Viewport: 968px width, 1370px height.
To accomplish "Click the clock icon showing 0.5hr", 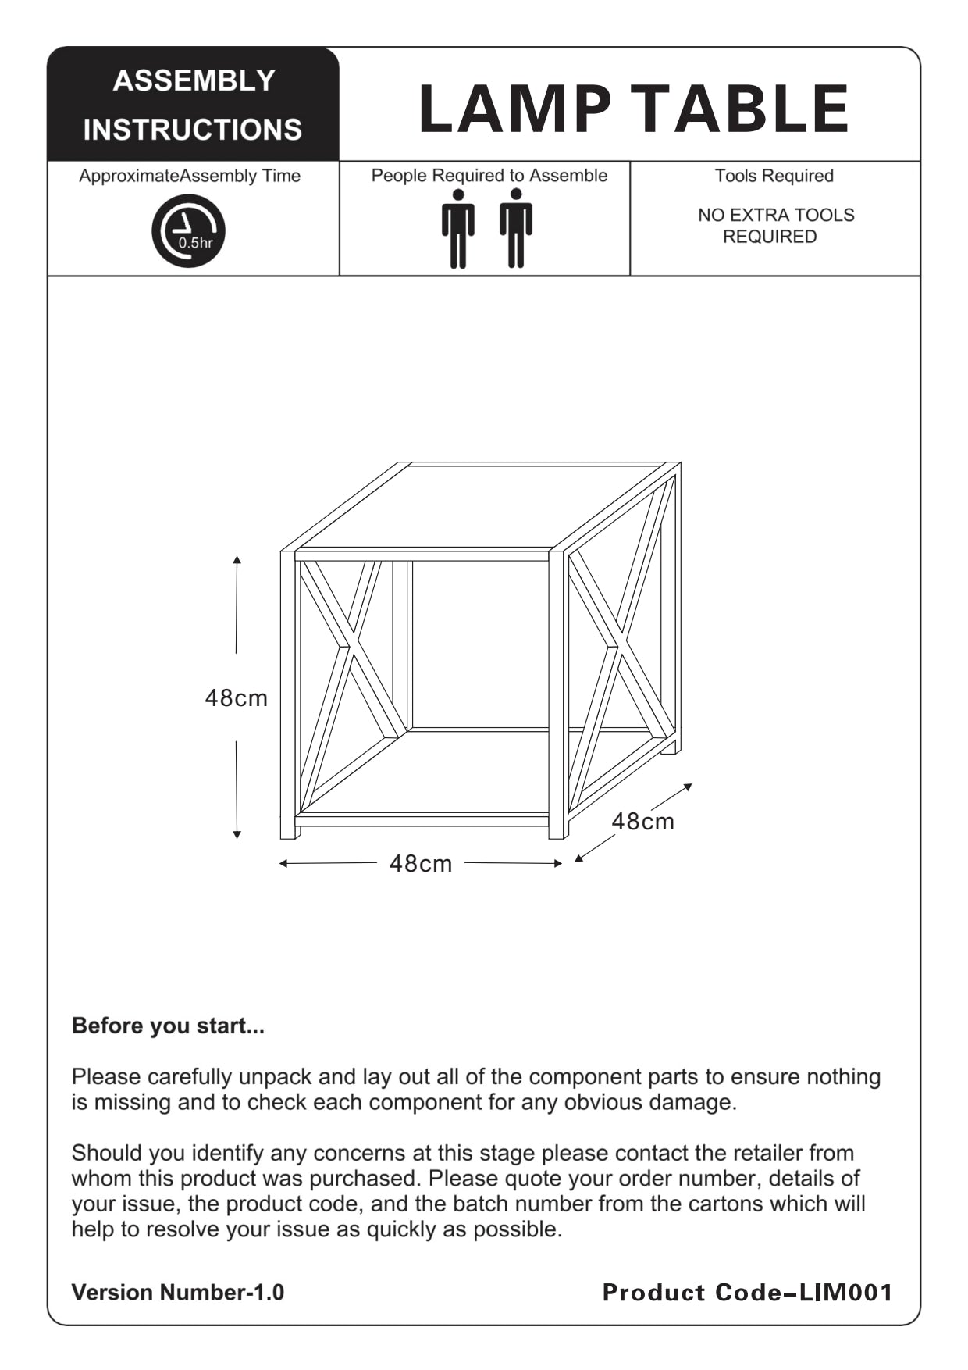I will pos(188,231).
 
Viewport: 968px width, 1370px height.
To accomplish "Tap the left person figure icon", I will pos(458,229).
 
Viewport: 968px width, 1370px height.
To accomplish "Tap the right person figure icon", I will pos(516,229).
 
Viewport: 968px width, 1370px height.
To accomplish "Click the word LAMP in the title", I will pos(514,109).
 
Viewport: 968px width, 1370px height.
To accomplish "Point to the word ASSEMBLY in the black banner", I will pos(194,80).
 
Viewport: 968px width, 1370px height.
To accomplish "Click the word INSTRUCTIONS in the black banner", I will pos(193,130).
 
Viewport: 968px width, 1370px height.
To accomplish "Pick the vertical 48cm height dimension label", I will pos(236,697).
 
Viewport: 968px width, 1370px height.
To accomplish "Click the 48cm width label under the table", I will pos(421,863).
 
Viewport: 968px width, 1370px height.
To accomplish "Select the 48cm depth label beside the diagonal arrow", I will pos(642,821).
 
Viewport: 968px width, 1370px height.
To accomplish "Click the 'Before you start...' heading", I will pos(168,1026).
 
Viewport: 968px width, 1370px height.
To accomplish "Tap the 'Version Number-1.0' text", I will pos(178,1293).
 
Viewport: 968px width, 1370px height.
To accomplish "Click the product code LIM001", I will pos(847,1293).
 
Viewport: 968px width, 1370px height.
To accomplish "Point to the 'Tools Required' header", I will pos(774,176).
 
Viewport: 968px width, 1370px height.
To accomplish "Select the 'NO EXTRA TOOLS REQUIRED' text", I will pos(775,226).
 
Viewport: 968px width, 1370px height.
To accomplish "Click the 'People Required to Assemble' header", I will pos(489,176).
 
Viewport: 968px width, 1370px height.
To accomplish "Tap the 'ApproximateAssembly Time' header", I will pos(190,176).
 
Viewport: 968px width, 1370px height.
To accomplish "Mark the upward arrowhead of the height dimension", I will pos(237,560).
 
